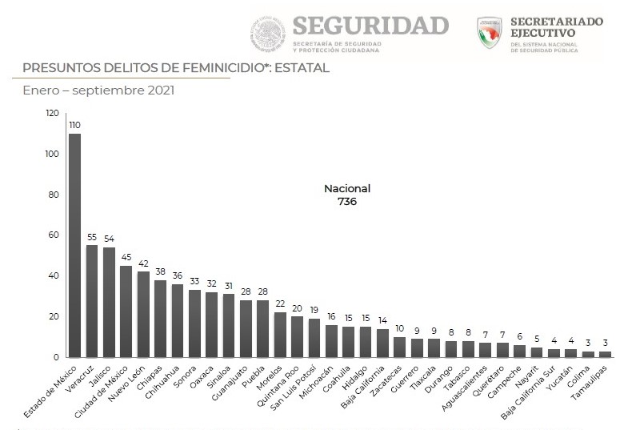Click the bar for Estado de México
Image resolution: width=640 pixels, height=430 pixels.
[74, 245]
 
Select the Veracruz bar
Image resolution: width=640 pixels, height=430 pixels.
[92, 301]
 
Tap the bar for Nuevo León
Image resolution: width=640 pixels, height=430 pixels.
[143, 314]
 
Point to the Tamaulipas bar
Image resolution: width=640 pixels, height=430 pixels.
[605, 354]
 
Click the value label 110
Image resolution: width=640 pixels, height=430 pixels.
[74, 125]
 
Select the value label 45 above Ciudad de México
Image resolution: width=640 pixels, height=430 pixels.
[126, 258]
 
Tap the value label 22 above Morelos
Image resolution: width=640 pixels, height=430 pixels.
[280, 304]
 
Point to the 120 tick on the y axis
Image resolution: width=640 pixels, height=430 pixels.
[53, 114]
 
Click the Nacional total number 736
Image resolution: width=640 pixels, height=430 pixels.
[347, 202]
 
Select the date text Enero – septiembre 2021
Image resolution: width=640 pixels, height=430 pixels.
[98, 90]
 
